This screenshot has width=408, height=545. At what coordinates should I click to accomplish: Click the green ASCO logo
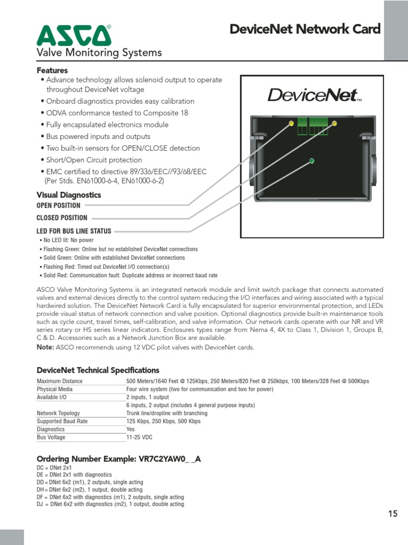[x=74, y=35]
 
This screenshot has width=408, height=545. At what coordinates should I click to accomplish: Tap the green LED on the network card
[x=312, y=161]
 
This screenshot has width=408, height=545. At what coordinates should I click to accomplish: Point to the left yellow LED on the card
[x=291, y=124]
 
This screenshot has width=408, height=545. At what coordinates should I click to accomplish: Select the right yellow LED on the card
[x=334, y=123]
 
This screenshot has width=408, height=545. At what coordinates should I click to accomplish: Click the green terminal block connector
[x=312, y=127]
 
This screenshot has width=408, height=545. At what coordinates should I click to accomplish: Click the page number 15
[x=393, y=514]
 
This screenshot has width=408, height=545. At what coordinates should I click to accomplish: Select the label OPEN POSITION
[x=58, y=205]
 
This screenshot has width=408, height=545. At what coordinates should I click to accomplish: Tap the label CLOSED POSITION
[x=62, y=218]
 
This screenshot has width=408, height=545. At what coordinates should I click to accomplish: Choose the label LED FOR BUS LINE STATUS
[x=74, y=231]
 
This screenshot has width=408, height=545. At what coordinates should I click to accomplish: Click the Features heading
[x=52, y=70]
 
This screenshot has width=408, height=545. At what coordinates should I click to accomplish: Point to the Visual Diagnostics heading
[x=69, y=195]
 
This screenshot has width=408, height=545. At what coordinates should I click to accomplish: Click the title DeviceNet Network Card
[x=305, y=29]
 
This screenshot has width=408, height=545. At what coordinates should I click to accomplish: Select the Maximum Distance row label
[x=59, y=381]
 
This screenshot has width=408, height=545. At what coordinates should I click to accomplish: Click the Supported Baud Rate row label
[x=62, y=421]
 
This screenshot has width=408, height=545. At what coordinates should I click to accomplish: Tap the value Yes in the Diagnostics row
[x=131, y=429]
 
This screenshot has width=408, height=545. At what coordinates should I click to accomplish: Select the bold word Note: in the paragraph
[x=45, y=348]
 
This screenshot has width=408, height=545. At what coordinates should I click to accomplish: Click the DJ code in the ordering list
[x=40, y=504]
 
